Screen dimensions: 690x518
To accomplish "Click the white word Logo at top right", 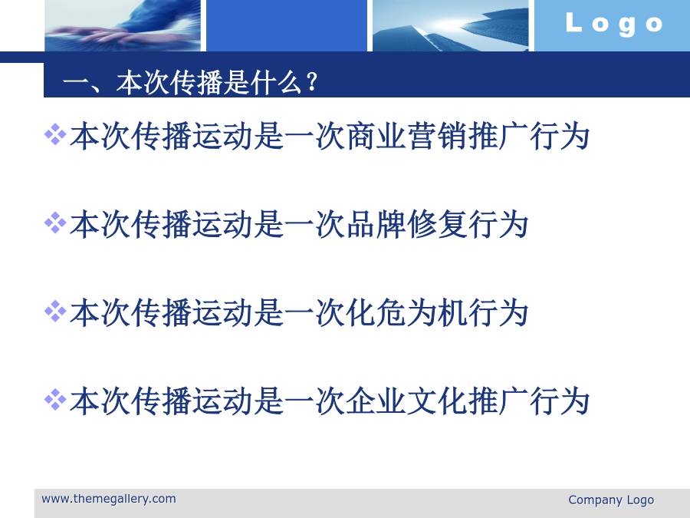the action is (614, 24).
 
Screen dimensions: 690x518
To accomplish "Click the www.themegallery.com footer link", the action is (109, 499).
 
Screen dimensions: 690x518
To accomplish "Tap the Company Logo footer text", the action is (611, 500).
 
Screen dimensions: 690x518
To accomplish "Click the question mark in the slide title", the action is (312, 82).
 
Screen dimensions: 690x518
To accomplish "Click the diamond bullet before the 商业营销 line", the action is (55, 134).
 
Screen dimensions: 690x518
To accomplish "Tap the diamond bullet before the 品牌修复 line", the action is (55, 223).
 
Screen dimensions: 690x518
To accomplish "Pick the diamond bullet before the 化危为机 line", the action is (55, 311).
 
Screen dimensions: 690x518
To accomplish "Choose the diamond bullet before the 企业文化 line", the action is (55, 400).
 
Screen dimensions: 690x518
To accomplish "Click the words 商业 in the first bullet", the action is (376, 136).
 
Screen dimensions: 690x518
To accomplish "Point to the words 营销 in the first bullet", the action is (437, 136).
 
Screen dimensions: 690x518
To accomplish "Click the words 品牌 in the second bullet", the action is (376, 224).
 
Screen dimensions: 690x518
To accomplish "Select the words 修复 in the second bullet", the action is (437, 224).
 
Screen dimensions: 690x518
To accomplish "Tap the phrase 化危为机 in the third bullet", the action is (406, 313).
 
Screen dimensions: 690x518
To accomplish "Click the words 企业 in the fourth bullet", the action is (376, 401).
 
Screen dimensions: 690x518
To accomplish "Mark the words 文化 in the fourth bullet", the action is (437, 401).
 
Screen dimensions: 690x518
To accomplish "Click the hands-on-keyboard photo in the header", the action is (123, 25).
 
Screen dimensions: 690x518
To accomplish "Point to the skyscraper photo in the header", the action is (451, 25).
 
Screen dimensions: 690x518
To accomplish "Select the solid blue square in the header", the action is (287, 25).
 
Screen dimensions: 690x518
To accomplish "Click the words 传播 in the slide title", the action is (197, 82).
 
